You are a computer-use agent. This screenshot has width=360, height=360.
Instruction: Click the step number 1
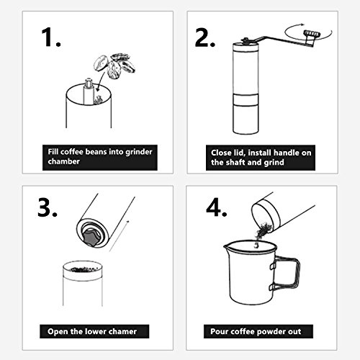(x=51, y=37)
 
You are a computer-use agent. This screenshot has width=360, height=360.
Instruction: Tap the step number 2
(x=204, y=37)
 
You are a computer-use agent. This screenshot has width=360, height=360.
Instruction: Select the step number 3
(x=48, y=207)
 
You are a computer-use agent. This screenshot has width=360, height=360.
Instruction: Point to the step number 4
(x=216, y=207)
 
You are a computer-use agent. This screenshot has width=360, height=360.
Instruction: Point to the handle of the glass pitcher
(x=287, y=273)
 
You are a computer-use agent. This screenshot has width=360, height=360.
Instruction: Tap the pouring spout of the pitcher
(x=228, y=246)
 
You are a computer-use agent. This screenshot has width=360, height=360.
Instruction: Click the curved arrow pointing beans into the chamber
(x=101, y=81)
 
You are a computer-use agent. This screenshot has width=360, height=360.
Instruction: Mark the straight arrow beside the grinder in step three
(x=120, y=236)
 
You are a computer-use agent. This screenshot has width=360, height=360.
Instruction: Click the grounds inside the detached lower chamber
(x=82, y=269)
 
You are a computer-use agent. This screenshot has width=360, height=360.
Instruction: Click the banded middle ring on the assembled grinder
(x=246, y=99)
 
